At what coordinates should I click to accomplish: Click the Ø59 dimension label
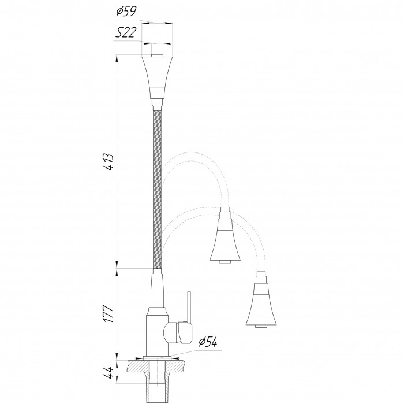point(126,12)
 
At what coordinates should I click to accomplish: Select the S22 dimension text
point(125,33)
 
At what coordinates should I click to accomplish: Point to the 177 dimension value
point(109,314)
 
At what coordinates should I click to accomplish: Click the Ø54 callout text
point(208,342)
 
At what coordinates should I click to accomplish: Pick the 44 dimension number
point(109,372)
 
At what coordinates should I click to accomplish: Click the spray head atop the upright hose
point(157,77)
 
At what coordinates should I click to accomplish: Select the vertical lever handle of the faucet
point(189,307)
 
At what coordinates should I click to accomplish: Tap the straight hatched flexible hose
point(157,189)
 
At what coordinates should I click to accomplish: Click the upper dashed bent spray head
point(225,235)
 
